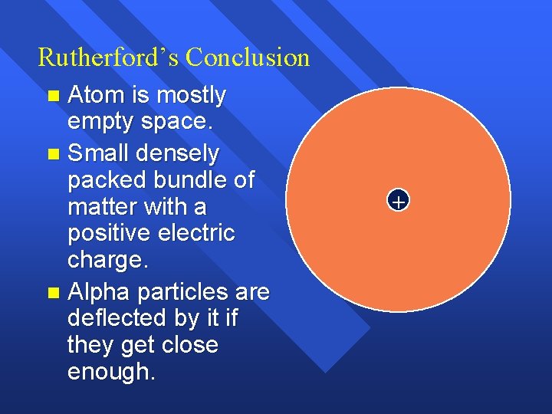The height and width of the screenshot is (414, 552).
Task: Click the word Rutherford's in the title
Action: tap(108, 58)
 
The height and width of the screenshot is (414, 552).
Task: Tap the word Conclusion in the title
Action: tap(248, 58)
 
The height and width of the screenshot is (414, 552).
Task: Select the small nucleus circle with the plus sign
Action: tap(398, 202)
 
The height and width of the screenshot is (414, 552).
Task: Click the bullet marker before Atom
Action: tap(52, 97)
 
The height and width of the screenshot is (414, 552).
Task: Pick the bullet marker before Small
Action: tap(52, 155)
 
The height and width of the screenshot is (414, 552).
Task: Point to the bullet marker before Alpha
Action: tap(52, 293)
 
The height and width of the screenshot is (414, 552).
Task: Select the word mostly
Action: tap(191, 96)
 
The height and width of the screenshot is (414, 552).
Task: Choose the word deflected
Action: tap(117, 318)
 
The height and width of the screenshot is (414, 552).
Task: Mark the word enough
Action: tap(110, 372)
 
